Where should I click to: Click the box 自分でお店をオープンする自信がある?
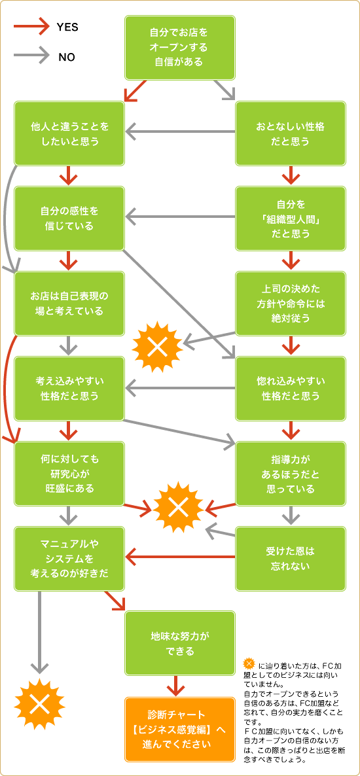point(180,48)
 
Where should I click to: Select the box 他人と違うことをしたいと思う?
point(69,133)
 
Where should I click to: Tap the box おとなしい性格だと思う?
point(290,133)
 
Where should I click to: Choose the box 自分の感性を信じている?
point(69,219)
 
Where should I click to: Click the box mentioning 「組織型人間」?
point(290,219)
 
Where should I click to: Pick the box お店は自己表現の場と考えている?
point(69,304)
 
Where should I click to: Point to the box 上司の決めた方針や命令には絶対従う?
point(290,304)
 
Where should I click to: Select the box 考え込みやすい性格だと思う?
point(69,389)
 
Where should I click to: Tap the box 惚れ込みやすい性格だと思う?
point(290,389)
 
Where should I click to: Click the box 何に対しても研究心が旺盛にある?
point(69,474)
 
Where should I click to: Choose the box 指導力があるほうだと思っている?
point(290,474)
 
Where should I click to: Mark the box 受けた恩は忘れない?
point(290,558)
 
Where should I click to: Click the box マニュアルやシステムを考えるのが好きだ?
point(69,558)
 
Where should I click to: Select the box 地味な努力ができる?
point(180,643)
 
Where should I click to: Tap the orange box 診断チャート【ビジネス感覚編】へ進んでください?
point(180,730)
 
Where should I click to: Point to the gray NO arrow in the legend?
point(31,56)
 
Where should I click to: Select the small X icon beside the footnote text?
point(249,664)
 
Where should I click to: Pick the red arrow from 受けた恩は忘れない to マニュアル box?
point(180,557)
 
